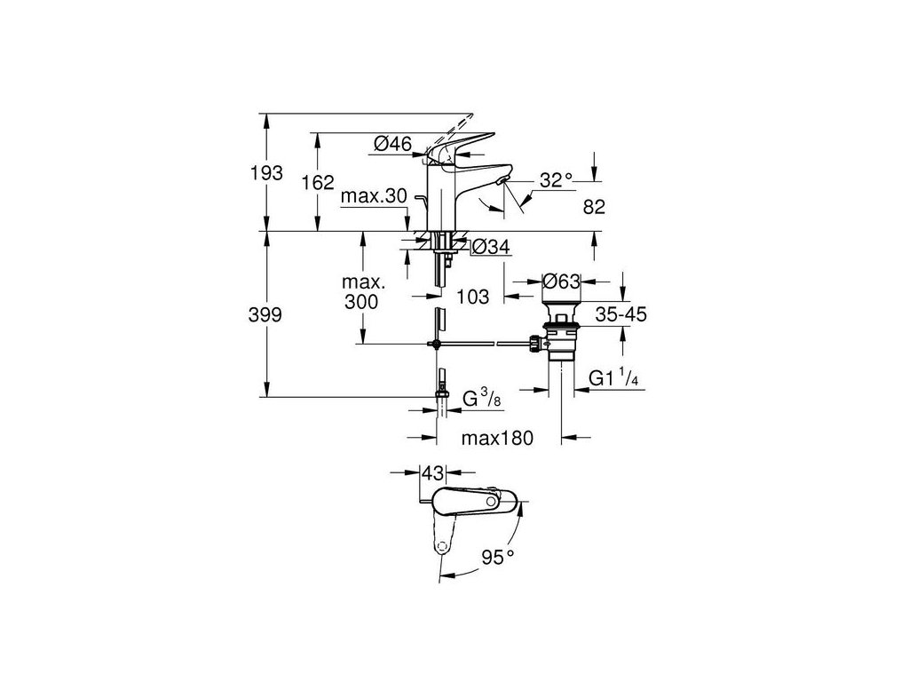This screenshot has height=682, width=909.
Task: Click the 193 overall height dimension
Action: (265, 172)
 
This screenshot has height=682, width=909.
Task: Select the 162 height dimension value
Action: (317, 183)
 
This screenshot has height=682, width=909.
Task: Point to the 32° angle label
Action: (557, 180)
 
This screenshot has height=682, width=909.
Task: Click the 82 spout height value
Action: (594, 207)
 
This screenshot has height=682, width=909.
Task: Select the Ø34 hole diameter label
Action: (490, 248)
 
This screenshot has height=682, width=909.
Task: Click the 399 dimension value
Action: (265, 315)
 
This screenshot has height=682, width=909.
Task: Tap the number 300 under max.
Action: (361, 302)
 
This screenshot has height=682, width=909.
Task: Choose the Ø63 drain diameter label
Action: (561, 282)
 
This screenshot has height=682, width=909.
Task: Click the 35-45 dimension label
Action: (620, 314)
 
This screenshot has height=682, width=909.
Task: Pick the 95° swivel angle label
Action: (498, 558)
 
